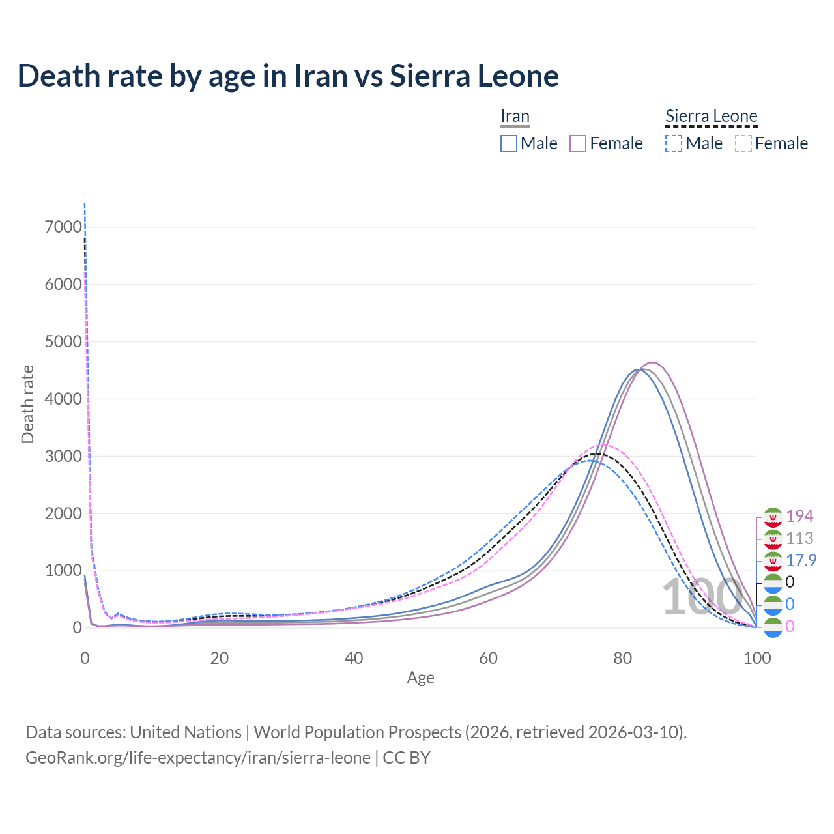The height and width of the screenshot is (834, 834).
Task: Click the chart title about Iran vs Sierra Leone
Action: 288,76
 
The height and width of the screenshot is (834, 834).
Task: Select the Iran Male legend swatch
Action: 509,143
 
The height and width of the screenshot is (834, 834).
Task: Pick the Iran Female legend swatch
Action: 578,143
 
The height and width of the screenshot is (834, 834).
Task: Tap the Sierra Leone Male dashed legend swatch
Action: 674,143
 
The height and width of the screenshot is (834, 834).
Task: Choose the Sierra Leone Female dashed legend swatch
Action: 743,143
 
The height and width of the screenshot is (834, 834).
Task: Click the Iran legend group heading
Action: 515,117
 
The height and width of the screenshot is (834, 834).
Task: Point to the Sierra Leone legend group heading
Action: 711,117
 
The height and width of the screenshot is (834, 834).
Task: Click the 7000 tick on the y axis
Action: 64,227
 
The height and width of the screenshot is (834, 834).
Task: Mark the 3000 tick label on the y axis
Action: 64,456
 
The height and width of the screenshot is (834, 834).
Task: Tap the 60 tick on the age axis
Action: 488,658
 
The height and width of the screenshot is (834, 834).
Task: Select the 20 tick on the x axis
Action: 220,658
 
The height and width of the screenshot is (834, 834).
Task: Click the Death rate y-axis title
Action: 27,405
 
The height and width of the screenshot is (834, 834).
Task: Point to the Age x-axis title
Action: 420,678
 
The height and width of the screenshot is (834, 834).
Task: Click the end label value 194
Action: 799,516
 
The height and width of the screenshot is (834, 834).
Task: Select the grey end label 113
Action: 799,538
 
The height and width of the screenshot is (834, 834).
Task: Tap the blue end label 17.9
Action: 801,560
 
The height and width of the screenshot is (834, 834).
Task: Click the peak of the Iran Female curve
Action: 651,362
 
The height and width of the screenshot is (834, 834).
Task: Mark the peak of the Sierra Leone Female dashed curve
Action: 604,445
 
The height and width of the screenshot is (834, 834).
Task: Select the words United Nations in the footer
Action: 186,732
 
